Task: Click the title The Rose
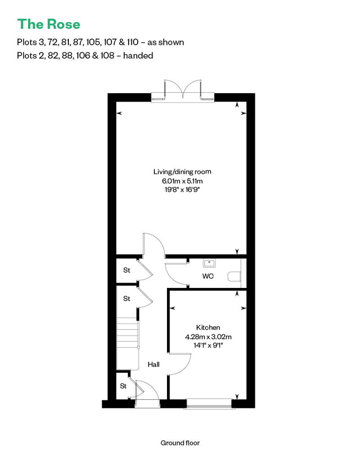tap(49, 23)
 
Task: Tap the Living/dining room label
tap(182, 172)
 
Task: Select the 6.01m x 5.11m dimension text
tap(182, 181)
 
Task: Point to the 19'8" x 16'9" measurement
tap(182, 190)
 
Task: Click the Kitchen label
tap(208, 327)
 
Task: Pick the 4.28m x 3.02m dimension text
tap(208, 336)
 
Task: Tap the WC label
tap(207, 276)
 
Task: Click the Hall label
tap(154, 364)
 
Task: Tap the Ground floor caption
tap(180, 443)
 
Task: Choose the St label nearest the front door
tap(123, 386)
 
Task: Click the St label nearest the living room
tap(127, 270)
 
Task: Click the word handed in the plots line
tap(139, 56)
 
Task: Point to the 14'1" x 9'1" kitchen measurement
tap(208, 345)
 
